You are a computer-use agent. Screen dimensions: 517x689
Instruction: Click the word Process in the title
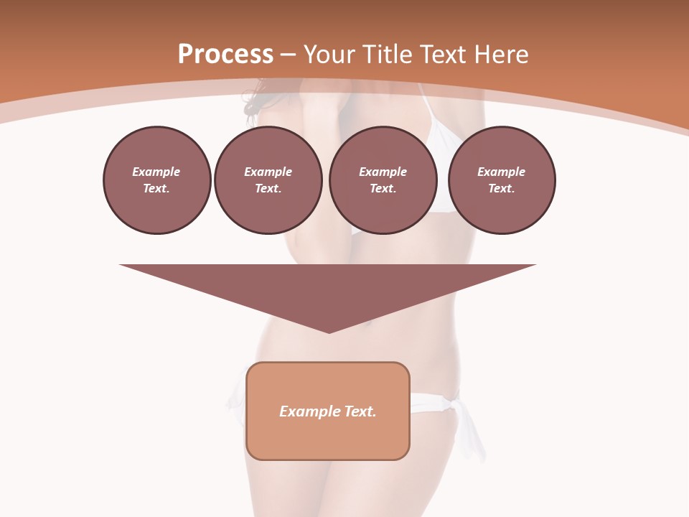(225, 55)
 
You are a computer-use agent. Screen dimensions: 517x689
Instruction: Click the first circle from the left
(157, 180)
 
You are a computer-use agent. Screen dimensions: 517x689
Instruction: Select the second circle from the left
(268, 180)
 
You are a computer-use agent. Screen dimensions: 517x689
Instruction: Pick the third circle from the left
(383, 180)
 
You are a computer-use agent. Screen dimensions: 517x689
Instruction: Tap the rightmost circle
(502, 180)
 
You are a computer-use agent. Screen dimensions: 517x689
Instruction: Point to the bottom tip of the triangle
(329, 332)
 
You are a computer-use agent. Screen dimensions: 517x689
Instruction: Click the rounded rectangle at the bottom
(328, 434)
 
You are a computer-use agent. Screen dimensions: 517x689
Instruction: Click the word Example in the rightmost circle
(502, 172)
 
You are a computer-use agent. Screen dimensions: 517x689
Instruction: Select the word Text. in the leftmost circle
(156, 189)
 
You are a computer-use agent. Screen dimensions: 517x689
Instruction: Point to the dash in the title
(288, 55)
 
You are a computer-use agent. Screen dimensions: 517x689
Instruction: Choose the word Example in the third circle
(383, 172)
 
